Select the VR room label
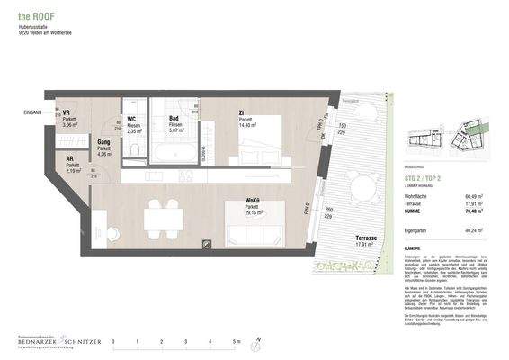[67, 112]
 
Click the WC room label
[131, 119]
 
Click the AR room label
[70, 160]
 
